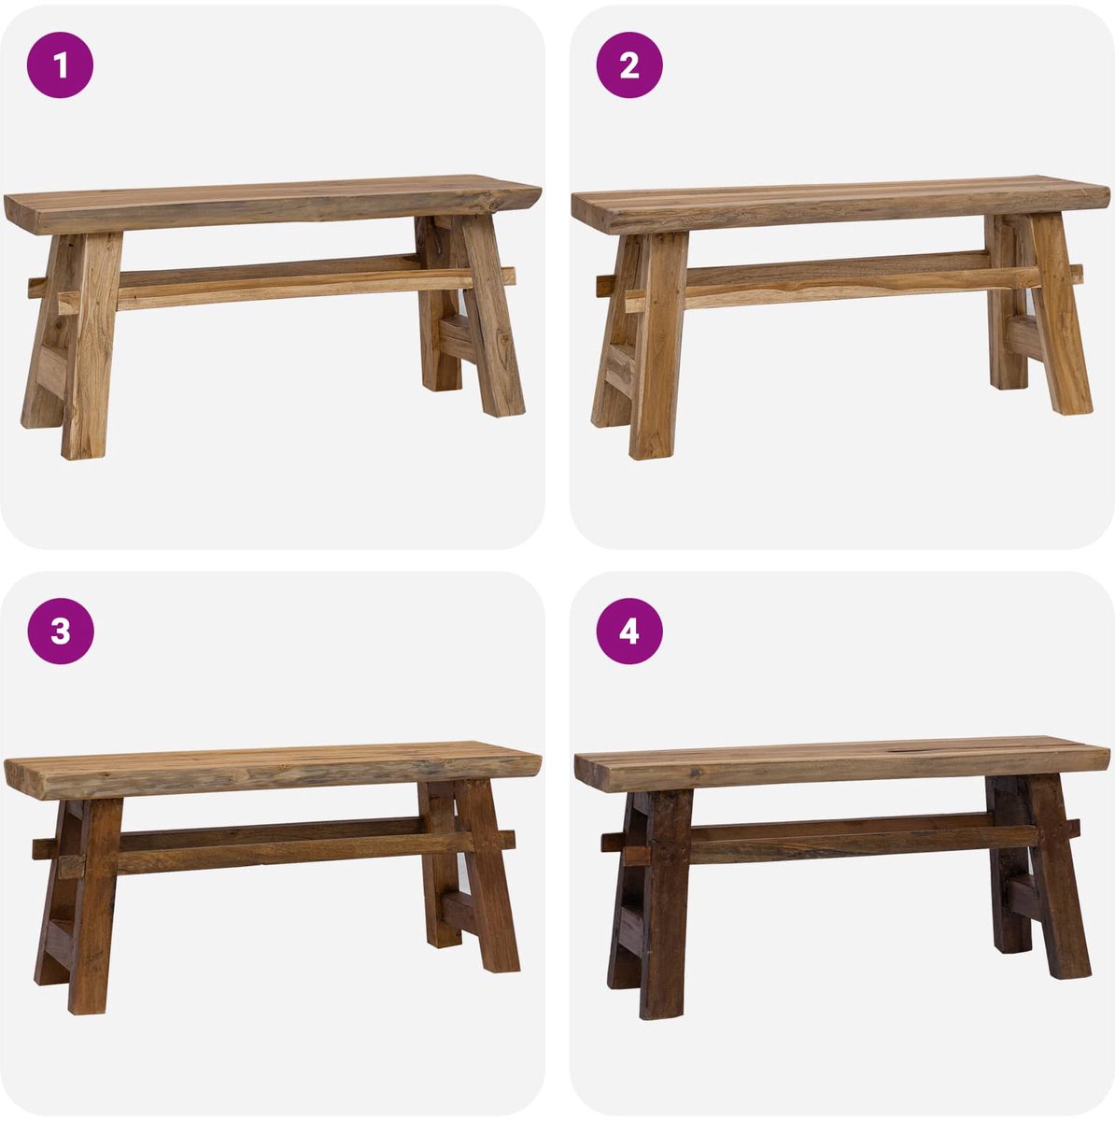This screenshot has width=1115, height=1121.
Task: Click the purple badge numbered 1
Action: [x=60, y=64]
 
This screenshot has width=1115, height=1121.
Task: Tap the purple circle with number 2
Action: [x=629, y=64]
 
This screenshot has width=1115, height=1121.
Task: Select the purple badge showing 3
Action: [x=61, y=631]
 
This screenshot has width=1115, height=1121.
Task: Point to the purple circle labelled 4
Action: [x=629, y=631]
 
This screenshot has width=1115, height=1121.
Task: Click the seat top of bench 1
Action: [x=273, y=203]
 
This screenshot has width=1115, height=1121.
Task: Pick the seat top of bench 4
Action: [x=841, y=766]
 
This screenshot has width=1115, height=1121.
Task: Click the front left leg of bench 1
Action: [x=91, y=346]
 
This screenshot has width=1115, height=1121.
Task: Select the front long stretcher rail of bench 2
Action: [x=854, y=288]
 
